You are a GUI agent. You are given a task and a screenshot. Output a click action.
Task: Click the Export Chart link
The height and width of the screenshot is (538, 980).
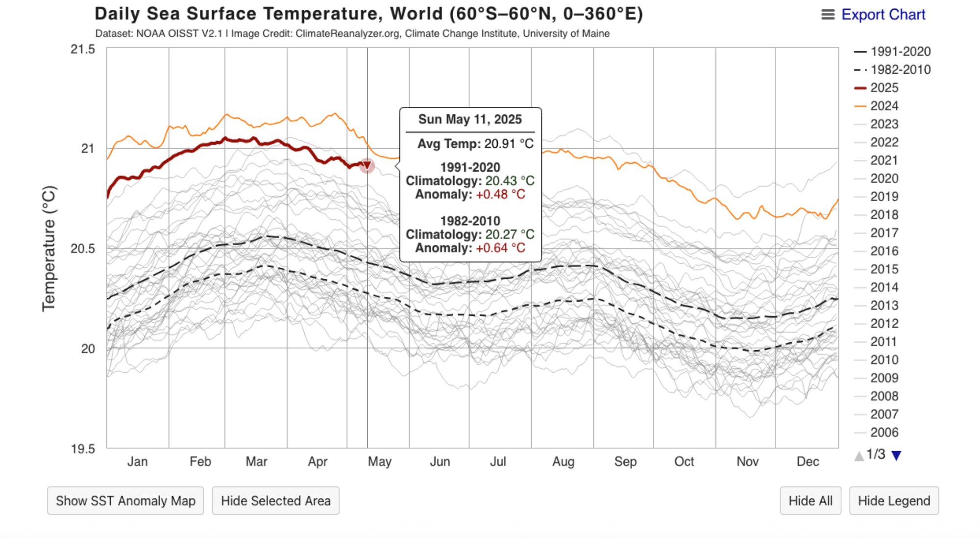(883, 15)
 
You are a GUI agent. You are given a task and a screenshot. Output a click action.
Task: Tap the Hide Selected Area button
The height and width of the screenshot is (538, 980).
(275, 501)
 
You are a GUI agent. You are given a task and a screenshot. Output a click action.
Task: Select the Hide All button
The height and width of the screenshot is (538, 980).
(810, 501)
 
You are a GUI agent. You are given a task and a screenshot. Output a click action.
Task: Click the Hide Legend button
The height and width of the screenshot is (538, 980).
(894, 501)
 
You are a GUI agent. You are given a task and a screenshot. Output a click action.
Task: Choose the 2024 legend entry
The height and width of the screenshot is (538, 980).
(884, 106)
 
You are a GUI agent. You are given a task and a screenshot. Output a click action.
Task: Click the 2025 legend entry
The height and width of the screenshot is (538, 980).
(884, 88)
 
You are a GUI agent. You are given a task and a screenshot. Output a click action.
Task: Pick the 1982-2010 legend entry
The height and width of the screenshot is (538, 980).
(900, 70)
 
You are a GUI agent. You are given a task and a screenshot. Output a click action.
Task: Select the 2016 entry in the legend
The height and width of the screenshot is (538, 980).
(884, 251)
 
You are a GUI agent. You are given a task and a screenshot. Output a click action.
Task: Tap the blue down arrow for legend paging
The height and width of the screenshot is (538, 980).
(896, 456)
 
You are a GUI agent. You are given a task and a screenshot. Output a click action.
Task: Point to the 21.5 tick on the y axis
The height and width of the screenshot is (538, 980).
(83, 50)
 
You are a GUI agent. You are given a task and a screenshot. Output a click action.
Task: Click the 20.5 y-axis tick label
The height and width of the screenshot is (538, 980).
(83, 249)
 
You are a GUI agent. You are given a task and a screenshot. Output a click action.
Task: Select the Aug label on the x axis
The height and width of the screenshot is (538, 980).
(563, 461)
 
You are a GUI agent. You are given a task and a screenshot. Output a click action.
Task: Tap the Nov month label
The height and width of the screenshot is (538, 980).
(747, 461)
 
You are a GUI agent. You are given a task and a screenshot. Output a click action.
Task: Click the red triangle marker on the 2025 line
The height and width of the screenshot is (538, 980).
(367, 166)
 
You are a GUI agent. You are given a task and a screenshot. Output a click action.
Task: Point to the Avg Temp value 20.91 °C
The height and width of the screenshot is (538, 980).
(509, 144)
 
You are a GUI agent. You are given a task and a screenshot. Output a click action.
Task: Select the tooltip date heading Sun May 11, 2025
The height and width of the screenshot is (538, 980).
(470, 120)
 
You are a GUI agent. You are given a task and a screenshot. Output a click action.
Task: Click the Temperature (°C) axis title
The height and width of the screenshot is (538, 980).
(49, 248)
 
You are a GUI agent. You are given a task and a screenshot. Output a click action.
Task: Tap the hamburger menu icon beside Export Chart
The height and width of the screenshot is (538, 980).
(828, 15)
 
